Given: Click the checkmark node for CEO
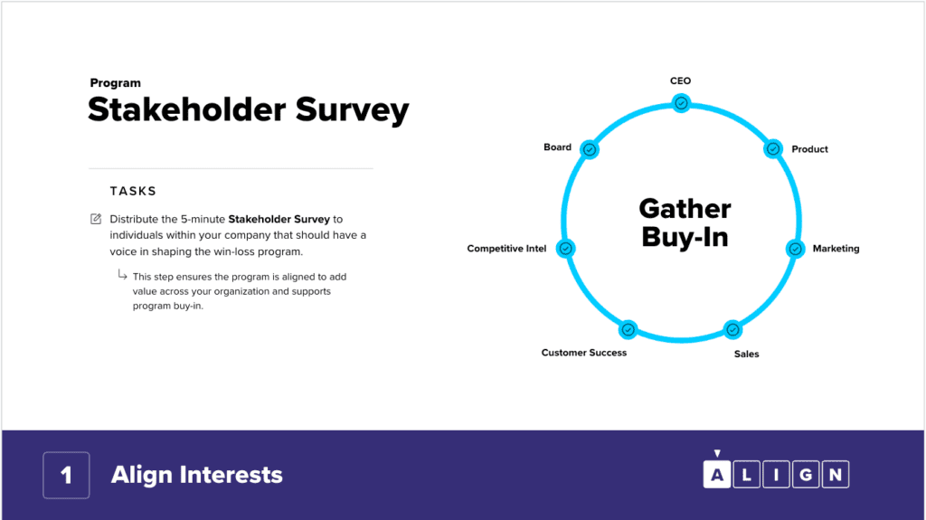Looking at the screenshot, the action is [681, 103].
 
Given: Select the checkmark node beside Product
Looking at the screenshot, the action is [773, 149].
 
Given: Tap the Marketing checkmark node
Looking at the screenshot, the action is [796, 249].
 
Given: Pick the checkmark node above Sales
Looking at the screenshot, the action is [732, 330].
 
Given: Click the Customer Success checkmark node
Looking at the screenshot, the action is [628, 330].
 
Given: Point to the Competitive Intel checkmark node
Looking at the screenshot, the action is [566, 248].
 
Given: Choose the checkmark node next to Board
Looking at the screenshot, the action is [590, 149].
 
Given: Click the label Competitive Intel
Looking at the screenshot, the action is [506, 249].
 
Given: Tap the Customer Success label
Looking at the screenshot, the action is [584, 353].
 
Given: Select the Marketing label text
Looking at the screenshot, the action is [836, 249].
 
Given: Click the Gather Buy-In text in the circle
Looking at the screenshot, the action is [685, 223].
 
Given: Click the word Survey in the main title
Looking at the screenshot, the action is [352, 110].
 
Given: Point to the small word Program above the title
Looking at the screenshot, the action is [115, 83].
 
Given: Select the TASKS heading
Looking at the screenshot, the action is [134, 191].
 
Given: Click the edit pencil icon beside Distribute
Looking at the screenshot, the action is [96, 219].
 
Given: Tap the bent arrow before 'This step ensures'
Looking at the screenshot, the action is [122, 275].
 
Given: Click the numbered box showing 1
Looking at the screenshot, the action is [66, 475].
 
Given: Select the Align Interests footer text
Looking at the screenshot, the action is [197, 475].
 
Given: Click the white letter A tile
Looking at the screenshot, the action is [717, 474].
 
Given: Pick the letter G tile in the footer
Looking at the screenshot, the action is [806, 475].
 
